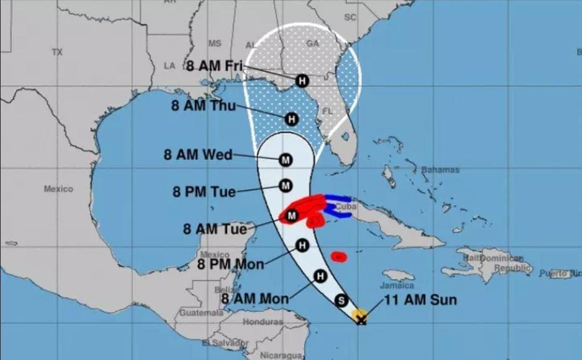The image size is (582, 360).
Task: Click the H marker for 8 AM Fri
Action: point(302,81)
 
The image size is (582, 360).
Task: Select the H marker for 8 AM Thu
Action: point(292,119)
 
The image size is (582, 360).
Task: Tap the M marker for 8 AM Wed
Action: point(285,160)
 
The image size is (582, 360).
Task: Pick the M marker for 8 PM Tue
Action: point(285,186)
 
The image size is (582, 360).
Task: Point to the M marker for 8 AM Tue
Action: point(292,216)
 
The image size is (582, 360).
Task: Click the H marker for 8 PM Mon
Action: point(302,246)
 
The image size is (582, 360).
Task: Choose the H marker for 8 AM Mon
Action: point(321,277)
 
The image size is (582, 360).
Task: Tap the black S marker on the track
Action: point(341,301)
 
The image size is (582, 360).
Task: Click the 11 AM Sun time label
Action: point(420,300)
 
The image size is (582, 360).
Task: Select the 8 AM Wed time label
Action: point(198,155)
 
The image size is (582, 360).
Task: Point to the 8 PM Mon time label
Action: point(231,264)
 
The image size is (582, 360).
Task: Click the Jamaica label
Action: point(397,286)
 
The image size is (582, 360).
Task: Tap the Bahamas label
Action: point(441,170)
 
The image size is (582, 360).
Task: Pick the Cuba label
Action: point(345,206)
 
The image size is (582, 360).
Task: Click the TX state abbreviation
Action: point(57,52)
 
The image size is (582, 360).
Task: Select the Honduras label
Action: point(262,322)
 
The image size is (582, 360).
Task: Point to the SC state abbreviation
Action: point(350,17)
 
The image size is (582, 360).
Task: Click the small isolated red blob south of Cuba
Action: point(338,257)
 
